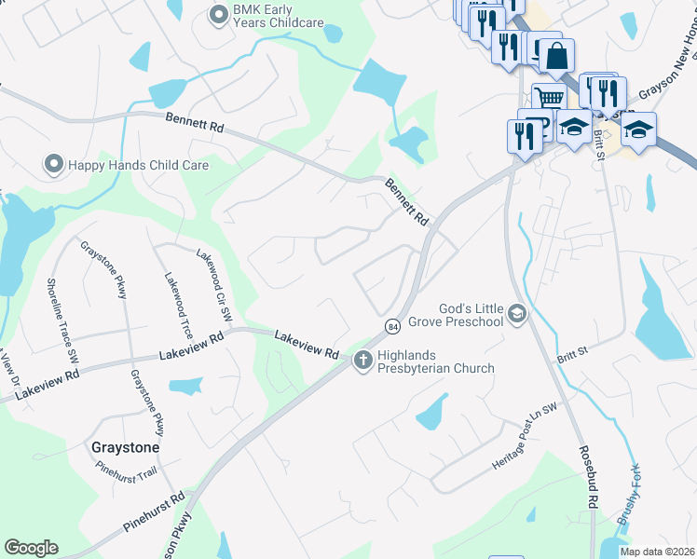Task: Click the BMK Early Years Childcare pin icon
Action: (x=219, y=14)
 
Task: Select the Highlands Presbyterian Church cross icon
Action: (x=363, y=359)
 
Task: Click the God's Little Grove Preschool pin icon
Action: (x=518, y=317)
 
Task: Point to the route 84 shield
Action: (x=392, y=325)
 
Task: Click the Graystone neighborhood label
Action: (x=125, y=447)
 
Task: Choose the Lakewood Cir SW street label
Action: (x=213, y=284)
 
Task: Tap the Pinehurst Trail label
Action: (x=127, y=474)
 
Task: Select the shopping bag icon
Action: (x=556, y=56)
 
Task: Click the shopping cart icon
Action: (x=549, y=98)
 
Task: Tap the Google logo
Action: (x=31, y=548)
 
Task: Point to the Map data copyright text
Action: (x=656, y=552)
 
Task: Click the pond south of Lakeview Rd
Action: (x=185, y=386)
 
